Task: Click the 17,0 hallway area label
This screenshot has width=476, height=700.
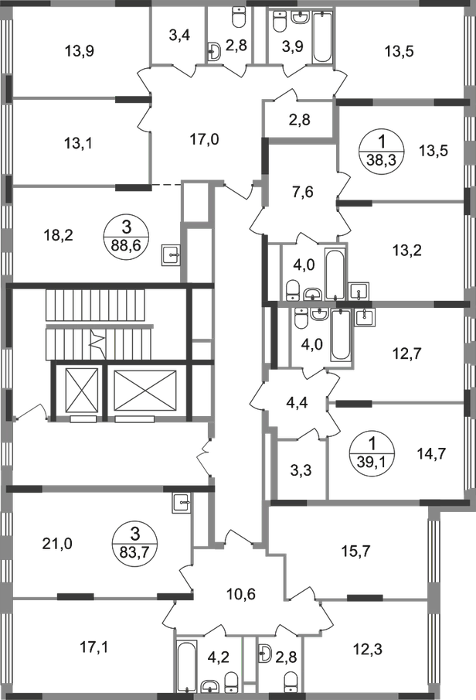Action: [204, 140]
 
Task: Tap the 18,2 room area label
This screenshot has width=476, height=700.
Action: [59, 235]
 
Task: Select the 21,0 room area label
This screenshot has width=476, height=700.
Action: [57, 544]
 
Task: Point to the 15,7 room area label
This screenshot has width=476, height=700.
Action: [355, 551]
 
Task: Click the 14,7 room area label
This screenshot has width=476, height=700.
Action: [431, 454]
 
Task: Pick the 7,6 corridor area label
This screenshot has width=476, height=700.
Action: [302, 192]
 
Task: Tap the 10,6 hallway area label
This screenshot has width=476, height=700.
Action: [240, 595]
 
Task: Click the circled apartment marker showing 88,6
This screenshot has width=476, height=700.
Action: [126, 236]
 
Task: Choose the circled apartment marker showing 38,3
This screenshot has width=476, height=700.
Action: [382, 151]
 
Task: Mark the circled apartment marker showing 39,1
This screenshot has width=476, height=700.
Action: [372, 453]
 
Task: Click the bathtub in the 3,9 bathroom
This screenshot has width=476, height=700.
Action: [322, 37]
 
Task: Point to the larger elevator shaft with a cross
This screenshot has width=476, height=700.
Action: [146, 390]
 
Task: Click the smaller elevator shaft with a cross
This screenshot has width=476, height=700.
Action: [81, 390]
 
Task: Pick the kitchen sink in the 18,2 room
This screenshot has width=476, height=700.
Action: [172, 255]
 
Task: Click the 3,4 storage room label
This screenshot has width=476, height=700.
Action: [180, 35]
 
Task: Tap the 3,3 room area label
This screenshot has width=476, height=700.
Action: [301, 470]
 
